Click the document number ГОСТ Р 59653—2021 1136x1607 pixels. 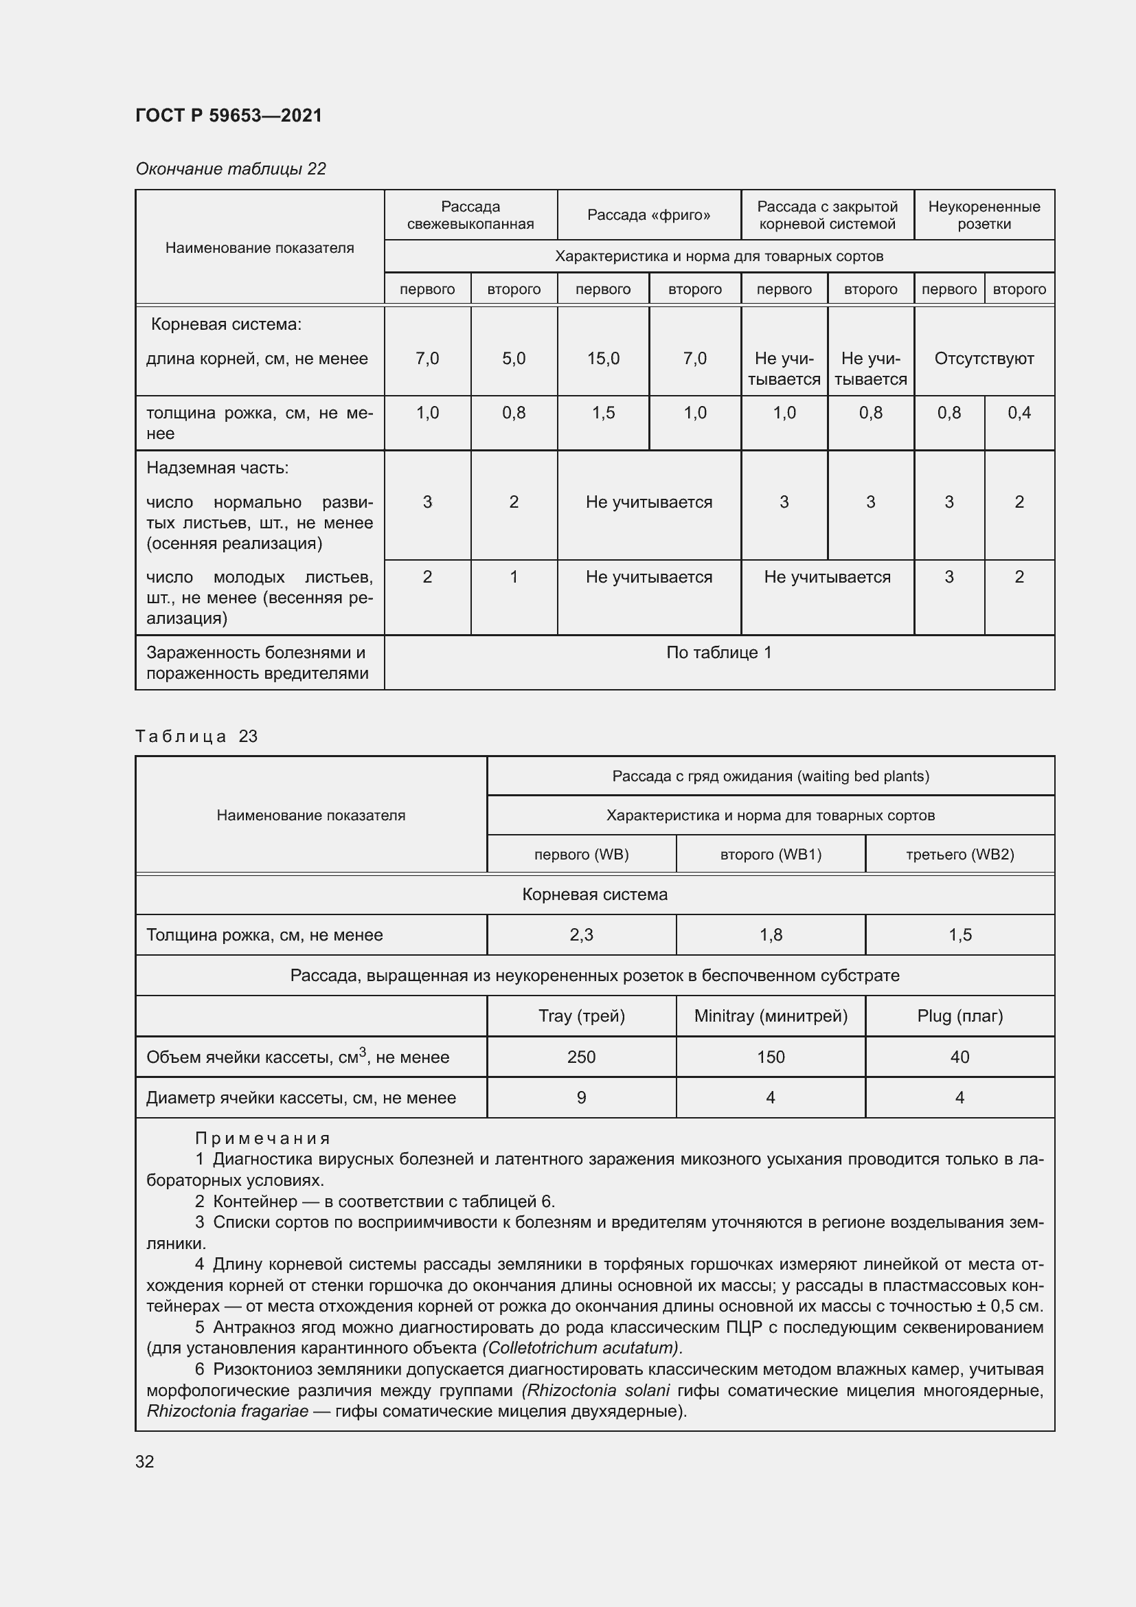[x=229, y=115]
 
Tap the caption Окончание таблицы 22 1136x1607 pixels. [x=230, y=169]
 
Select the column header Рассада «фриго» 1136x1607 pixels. [x=648, y=215]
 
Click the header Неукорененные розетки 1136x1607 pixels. [x=984, y=215]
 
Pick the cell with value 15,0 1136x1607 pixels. [x=603, y=359]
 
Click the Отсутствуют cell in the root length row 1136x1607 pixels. [x=984, y=359]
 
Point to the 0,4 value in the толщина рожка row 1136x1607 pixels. [x=1019, y=413]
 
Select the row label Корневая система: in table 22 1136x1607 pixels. [x=226, y=324]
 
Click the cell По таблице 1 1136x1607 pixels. [x=718, y=652]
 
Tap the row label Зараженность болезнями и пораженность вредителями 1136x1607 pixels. [x=257, y=663]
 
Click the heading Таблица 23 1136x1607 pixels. [x=196, y=737]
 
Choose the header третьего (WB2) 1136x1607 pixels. [x=959, y=854]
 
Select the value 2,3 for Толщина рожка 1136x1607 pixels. [x=580, y=935]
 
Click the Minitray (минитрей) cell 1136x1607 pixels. [x=770, y=1015]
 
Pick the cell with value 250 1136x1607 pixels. [x=580, y=1057]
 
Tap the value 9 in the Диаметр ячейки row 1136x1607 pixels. [x=580, y=1097]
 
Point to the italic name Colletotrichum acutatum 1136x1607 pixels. [x=580, y=1347]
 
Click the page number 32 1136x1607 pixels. [x=145, y=1461]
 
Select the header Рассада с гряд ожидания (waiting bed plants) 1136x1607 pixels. [x=770, y=776]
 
